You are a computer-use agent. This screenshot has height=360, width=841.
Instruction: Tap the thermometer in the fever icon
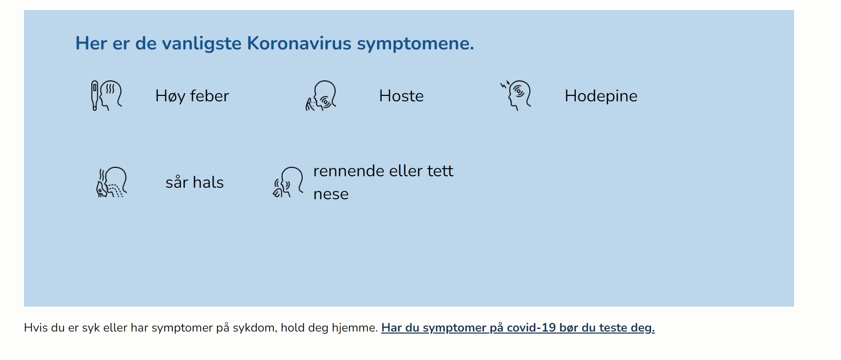[x=94, y=95]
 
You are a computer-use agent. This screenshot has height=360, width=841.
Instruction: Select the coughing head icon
[x=322, y=95]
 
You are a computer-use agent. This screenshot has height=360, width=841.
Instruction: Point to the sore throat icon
[x=112, y=182]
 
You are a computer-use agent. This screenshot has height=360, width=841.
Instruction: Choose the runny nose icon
[x=288, y=182]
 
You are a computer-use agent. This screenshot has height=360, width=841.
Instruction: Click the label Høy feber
[x=192, y=96]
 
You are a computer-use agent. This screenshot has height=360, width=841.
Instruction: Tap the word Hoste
[x=401, y=96]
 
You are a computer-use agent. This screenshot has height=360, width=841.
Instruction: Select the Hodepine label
[x=601, y=96]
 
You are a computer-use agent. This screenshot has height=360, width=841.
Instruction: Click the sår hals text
[x=194, y=182]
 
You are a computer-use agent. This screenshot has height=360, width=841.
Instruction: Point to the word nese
[x=331, y=194]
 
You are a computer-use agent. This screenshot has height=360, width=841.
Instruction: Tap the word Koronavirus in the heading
[x=299, y=43]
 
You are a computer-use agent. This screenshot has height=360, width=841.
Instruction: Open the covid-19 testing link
[x=517, y=328]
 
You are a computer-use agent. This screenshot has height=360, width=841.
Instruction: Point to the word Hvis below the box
[x=35, y=328]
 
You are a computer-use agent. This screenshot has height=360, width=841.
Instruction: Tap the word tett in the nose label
[x=440, y=171]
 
